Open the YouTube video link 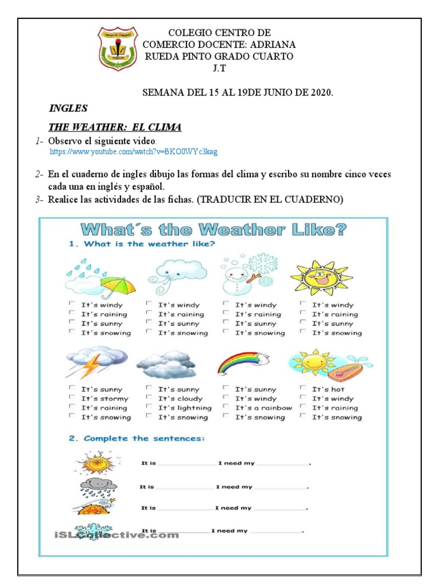134,152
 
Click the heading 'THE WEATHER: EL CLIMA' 115,127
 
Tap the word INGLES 68,108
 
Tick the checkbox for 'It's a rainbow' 226,407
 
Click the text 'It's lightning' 185,408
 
